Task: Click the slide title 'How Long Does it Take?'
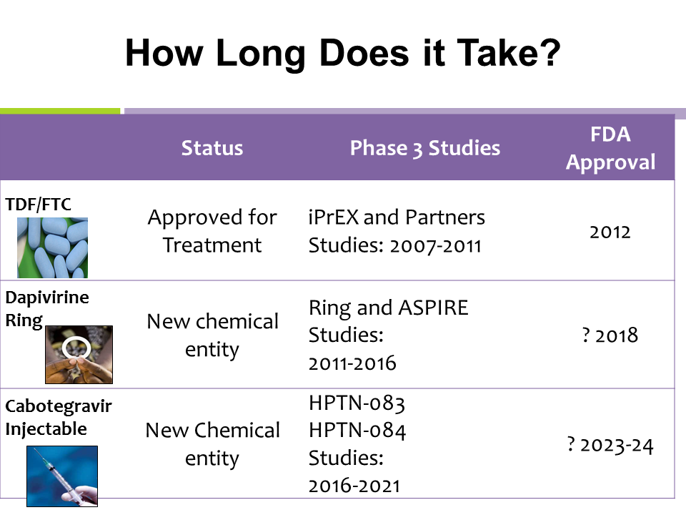[x=342, y=53]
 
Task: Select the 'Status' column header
[x=212, y=148]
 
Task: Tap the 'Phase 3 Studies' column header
[x=424, y=148]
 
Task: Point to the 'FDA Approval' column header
[x=610, y=148]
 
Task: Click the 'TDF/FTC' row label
[x=38, y=205]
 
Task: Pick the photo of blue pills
[x=52, y=248]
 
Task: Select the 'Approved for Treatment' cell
[x=212, y=231]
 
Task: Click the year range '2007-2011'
[x=436, y=245]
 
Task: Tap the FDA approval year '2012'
[x=610, y=232]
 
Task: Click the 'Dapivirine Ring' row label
[x=47, y=309]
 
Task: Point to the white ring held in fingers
[x=76, y=348]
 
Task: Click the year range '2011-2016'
[x=352, y=363]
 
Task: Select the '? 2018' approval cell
[x=610, y=335]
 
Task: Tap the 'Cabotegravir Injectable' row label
[x=58, y=418]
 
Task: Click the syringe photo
[x=62, y=476]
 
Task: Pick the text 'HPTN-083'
[x=357, y=403]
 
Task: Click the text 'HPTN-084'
[x=357, y=431]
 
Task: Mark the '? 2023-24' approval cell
[x=610, y=446]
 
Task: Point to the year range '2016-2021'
[x=354, y=486]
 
